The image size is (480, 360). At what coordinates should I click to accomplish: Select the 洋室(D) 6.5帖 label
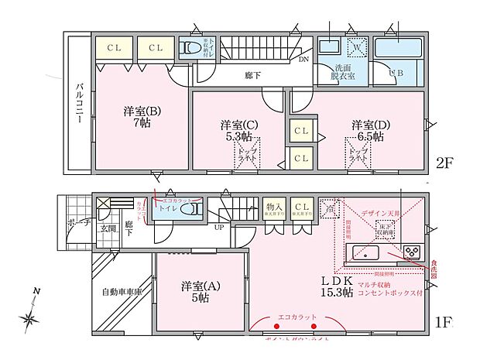point(368,130)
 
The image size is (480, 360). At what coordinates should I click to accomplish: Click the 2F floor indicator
point(444,164)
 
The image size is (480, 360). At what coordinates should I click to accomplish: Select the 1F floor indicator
point(444,319)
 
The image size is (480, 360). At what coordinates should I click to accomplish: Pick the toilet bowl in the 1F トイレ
point(194,209)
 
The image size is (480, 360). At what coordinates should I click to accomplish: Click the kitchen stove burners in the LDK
point(411,252)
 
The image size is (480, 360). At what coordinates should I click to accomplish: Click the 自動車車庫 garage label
point(122,293)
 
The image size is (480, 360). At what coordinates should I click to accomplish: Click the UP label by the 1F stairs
point(219,228)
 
